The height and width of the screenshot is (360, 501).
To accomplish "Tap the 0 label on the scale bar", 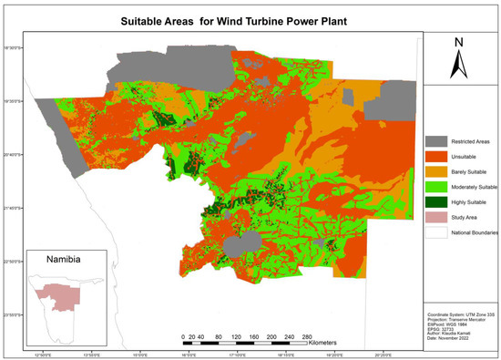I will [x=183, y=336].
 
